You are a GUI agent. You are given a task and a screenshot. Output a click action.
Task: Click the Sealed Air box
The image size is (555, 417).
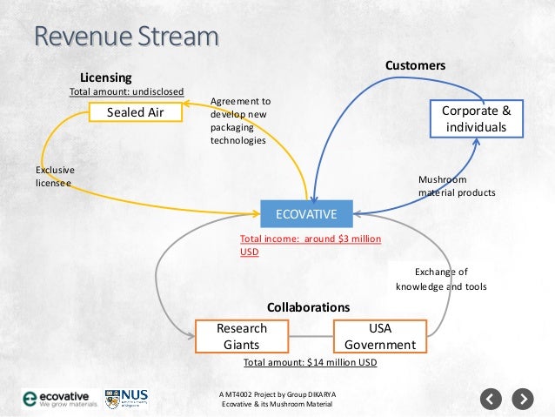(135, 112)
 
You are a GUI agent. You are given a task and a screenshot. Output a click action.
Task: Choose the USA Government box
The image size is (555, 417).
(379, 336)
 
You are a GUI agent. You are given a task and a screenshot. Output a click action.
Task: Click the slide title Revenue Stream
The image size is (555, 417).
(125, 38)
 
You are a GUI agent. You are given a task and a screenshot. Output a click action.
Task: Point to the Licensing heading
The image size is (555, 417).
(105, 77)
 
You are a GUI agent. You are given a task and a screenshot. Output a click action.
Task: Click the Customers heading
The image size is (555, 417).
(415, 66)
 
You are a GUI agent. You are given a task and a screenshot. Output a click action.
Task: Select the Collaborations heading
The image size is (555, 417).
(308, 307)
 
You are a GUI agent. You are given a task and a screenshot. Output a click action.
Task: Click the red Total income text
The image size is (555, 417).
(311, 245)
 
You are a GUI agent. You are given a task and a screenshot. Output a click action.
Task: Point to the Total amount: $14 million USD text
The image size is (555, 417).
(310, 361)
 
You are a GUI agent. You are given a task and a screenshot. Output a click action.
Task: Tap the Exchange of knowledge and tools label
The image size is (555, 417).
(441, 279)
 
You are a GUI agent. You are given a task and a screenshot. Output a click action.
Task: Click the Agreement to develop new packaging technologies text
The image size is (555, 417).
(241, 120)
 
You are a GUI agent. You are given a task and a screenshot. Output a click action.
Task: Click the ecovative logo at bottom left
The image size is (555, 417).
(58, 399)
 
